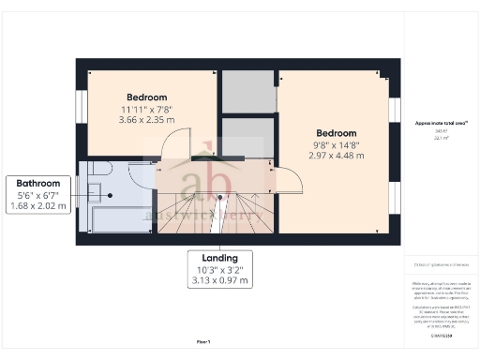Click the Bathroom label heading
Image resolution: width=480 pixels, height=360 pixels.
[x=37, y=184]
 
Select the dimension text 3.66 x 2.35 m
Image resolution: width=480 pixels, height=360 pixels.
[x=146, y=120]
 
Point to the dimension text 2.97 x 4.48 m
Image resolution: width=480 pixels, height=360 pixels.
[x=334, y=156]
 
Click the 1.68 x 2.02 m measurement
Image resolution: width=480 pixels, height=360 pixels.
[x=37, y=206]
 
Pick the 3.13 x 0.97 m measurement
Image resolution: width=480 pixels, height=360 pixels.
[x=218, y=280]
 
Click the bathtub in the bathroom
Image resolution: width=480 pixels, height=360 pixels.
[x=116, y=219]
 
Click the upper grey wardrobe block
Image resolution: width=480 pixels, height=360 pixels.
[x=247, y=91]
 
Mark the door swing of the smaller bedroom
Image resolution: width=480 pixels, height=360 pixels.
[x=174, y=146]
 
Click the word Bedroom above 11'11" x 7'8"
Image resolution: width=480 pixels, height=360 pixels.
[x=146, y=97]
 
